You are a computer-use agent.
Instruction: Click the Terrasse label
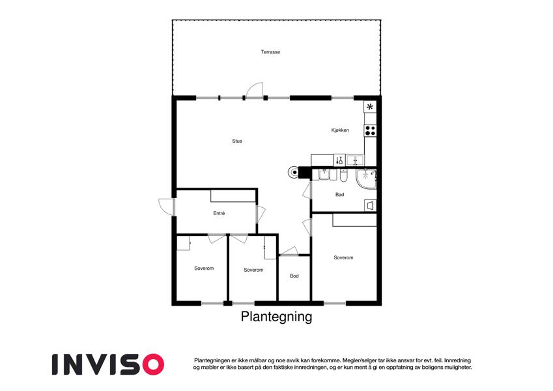[x=270, y=52]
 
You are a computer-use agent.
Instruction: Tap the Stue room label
[x=237, y=141]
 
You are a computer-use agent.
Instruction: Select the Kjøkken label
[x=340, y=130]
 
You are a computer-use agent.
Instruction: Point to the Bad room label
[x=339, y=194]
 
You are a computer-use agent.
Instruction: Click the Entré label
[x=219, y=213]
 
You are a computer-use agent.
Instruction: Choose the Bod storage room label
[x=294, y=276]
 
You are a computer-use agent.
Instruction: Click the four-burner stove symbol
[x=370, y=130]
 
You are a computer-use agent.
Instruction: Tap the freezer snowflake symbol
[x=370, y=107]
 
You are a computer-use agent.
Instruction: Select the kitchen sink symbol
[x=355, y=160]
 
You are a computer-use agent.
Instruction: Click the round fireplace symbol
[x=294, y=172]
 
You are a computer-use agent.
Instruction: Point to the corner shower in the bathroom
[x=366, y=179]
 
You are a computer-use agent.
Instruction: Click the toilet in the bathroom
[x=344, y=175]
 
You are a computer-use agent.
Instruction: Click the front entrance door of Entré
[x=165, y=207]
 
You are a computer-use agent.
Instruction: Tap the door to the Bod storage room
[x=289, y=251]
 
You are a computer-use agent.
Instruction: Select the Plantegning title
[x=276, y=317]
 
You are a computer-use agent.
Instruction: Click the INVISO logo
[x=108, y=364]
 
